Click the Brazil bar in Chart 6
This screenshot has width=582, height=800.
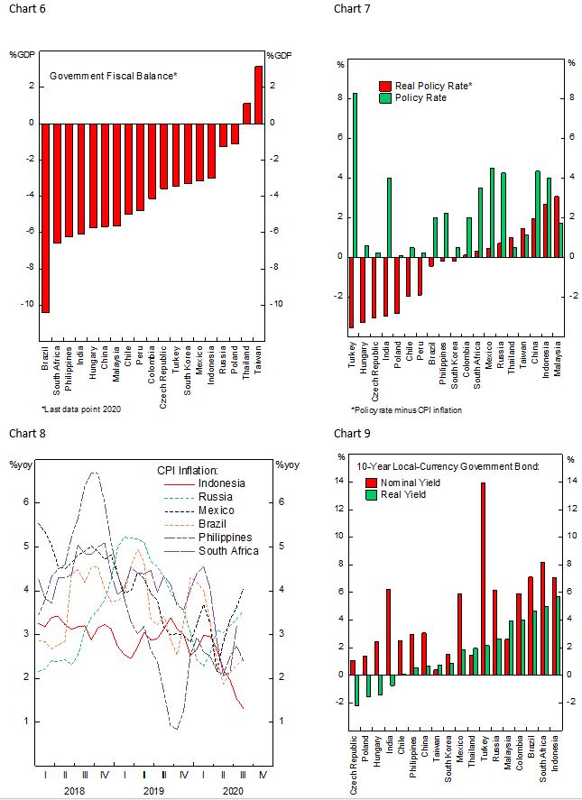[45, 216]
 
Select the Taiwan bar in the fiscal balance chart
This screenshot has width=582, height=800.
[259, 95]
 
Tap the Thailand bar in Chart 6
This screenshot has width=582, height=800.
[246, 113]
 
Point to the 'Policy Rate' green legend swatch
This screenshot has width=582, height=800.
[385, 97]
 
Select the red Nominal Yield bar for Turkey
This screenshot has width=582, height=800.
[484, 578]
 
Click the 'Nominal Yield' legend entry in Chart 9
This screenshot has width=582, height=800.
[410, 483]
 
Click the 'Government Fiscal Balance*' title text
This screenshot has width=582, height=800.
[113, 76]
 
